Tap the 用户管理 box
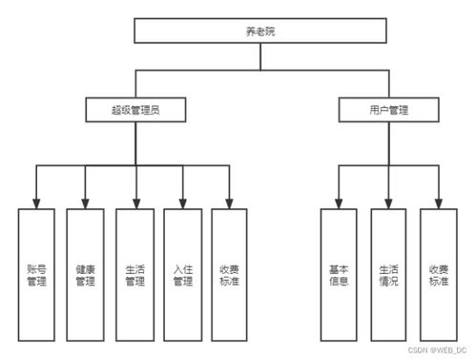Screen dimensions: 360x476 coord(388,110)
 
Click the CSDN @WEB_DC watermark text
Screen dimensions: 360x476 coord(439,349)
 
